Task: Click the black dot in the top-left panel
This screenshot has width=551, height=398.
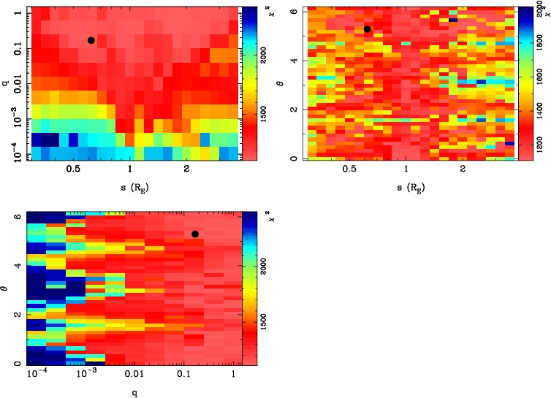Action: (91, 40)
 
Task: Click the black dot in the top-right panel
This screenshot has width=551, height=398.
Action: (367, 29)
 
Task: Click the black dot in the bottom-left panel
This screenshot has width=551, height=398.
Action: (195, 234)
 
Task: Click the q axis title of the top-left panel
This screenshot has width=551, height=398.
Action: (5, 83)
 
